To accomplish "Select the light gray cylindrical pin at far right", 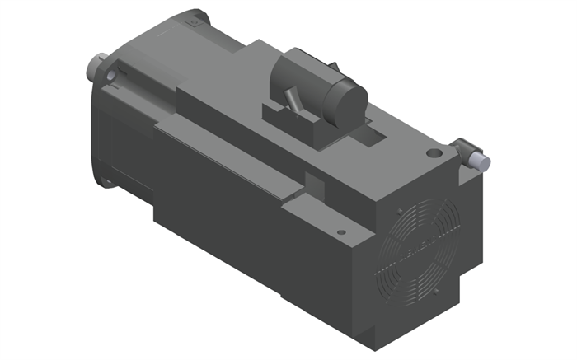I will point(480,159).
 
